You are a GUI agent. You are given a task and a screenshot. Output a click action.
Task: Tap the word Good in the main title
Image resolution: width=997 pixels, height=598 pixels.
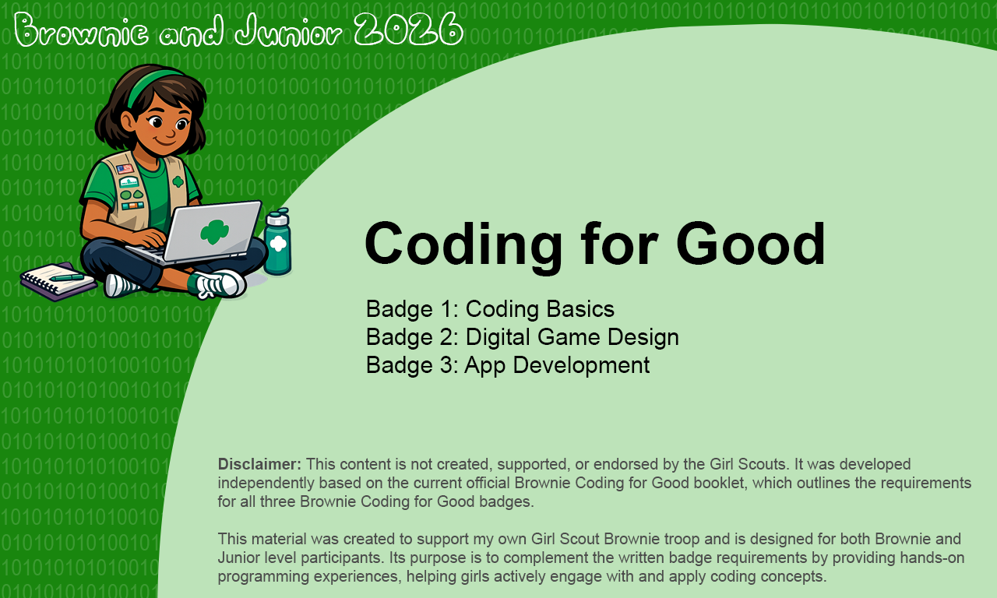coord(750,244)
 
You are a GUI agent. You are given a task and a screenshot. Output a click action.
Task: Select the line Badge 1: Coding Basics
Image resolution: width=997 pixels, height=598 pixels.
coord(490,309)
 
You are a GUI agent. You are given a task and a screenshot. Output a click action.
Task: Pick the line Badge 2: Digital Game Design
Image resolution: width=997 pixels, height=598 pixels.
coord(522,337)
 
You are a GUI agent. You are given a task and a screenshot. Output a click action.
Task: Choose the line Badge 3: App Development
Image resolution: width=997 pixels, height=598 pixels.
coord(507,365)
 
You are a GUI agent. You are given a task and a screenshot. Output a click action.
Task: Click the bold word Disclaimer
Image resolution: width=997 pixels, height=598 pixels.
coord(259,464)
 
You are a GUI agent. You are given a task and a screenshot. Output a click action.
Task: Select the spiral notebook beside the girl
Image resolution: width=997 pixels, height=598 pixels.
coord(56,281)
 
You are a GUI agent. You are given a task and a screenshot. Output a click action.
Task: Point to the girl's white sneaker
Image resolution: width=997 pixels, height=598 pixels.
coord(219,284)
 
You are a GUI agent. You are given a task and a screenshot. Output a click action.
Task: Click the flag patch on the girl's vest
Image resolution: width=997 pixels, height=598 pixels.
coord(125,169)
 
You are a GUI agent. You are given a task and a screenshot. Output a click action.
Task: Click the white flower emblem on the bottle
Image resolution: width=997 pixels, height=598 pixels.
coord(278,243)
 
